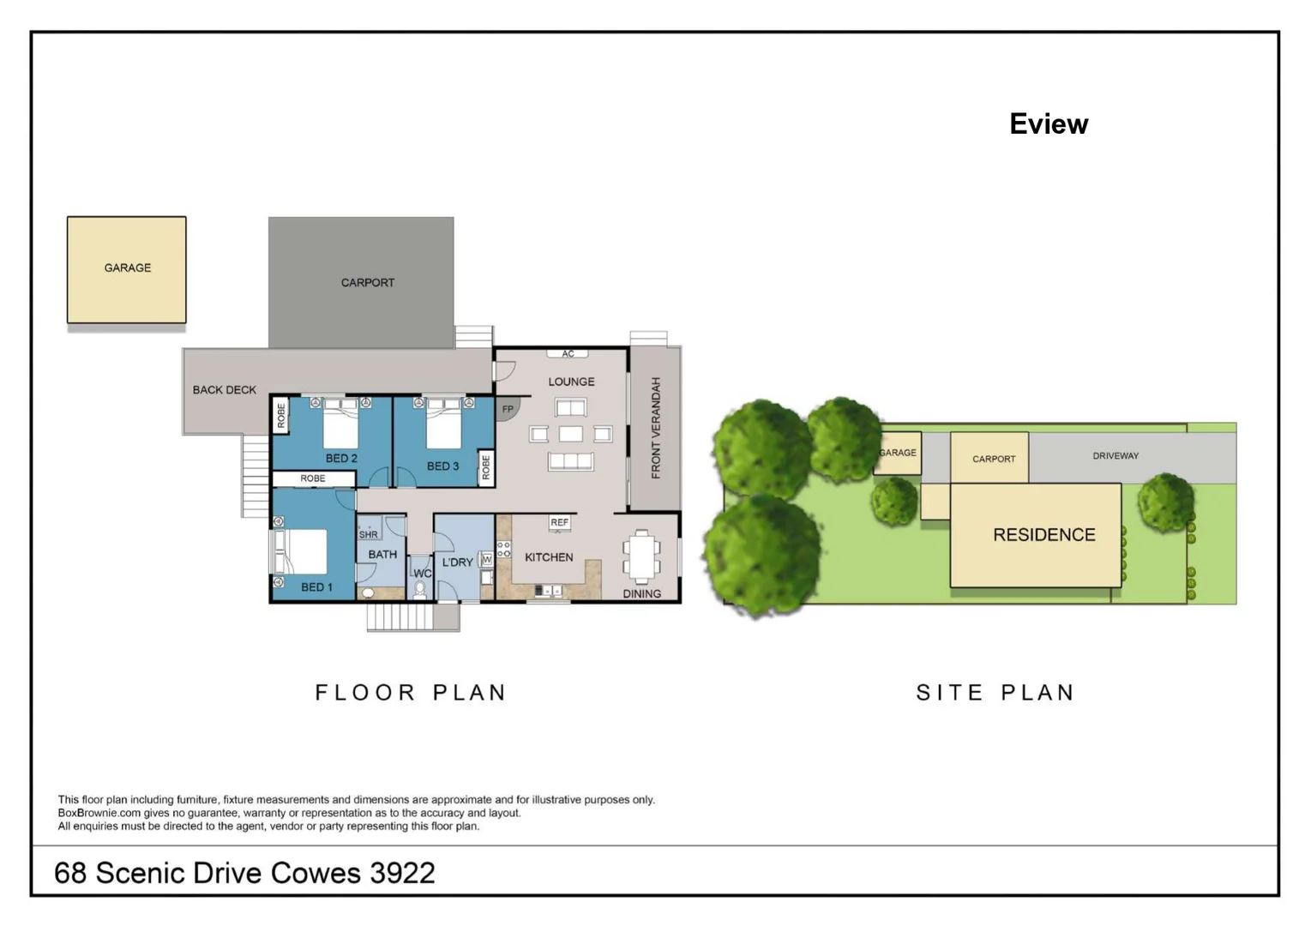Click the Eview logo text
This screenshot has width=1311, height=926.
(1049, 124)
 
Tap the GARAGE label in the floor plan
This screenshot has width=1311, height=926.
(128, 268)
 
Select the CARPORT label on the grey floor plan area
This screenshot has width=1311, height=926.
(368, 283)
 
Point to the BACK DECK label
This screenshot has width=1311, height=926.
(224, 390)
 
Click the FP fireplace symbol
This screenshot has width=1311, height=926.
(507, 409)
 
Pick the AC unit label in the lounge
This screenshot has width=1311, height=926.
(568, 353)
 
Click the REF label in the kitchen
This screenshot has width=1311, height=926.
(560, 522)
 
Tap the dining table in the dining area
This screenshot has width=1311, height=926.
(642, 556)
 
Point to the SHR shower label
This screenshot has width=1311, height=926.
(368, 534)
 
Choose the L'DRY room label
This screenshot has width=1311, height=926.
(457, 562)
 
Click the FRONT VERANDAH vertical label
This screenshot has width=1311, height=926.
(655, 428)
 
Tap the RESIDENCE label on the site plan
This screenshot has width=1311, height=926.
(1044, 534)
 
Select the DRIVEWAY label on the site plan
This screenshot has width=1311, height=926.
(1116, 455)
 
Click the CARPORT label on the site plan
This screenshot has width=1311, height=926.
(994, 459)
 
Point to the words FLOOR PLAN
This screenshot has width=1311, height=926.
(410, 693)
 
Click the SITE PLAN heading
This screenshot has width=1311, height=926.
(995, 693)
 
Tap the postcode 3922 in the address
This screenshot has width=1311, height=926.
(403, 873)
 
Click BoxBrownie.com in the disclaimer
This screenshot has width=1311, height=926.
(99, 813)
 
